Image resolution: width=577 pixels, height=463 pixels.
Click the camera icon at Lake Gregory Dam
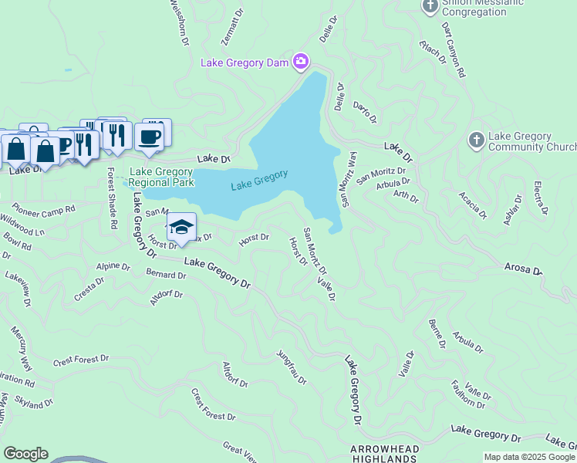(x=301, y=62)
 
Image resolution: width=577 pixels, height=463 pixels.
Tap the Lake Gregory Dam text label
(x=245, y=62)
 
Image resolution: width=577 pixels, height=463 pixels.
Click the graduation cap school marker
(x=181, y=228)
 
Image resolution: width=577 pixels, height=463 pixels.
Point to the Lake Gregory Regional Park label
(x=161, y=177)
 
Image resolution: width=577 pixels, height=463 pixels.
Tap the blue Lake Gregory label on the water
(x=259, y=181)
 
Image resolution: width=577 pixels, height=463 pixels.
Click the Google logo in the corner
(x=25, y=454)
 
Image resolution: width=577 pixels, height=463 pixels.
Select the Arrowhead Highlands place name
(x=385, y=454)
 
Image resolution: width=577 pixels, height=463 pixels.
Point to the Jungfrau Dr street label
(x=292, y=367)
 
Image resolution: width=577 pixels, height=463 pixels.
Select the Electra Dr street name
(x=541, y=198)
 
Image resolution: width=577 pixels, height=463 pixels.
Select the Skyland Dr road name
(x=33, y=403)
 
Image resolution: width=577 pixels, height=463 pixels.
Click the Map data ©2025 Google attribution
(x=528, y=457)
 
